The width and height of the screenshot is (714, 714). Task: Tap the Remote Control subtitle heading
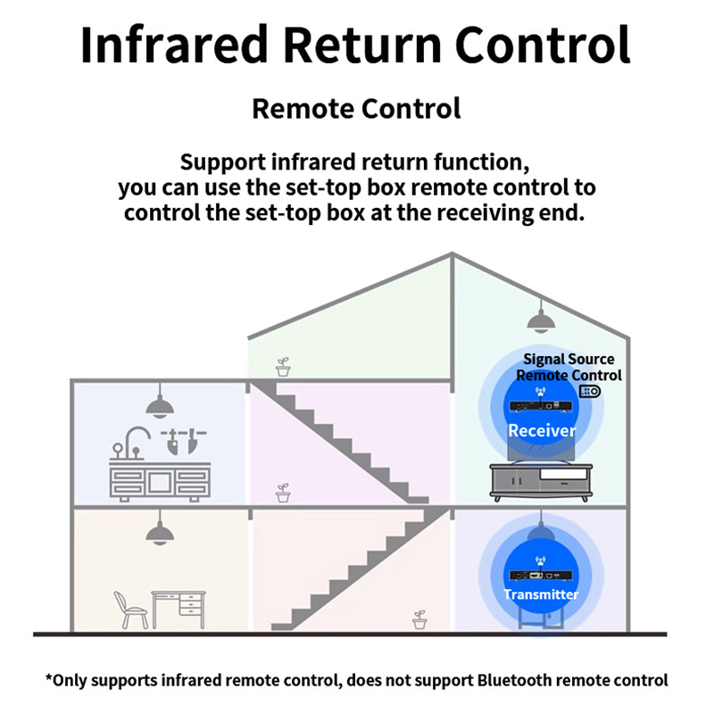tap(356, 109)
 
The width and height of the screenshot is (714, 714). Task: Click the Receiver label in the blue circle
tap(542, 430)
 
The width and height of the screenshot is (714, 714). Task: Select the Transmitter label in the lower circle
tap(541, 594)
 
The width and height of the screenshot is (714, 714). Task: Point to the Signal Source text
tap(569, 360)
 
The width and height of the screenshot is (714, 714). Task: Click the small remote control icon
tap(590, 391)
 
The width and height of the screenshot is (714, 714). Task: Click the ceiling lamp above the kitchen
tap(159, 406)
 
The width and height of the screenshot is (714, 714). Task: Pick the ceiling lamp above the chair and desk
tap(159, 533)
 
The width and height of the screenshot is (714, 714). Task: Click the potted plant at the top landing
tap(284, 366)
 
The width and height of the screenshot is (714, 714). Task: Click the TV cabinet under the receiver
tap(541, 486)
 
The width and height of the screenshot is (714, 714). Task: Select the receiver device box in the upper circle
tap(541, 406)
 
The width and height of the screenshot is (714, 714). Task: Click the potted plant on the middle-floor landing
tap(284, 493)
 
